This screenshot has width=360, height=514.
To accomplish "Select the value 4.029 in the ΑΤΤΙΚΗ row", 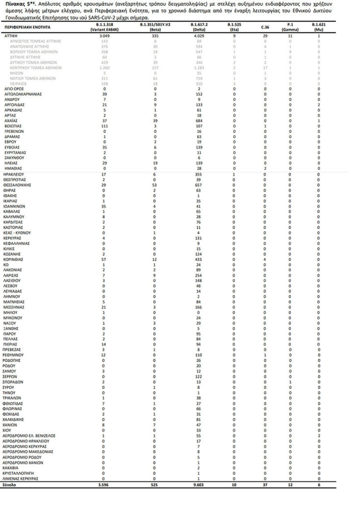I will click(202, 36).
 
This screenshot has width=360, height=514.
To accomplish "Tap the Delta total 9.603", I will click(202, 485).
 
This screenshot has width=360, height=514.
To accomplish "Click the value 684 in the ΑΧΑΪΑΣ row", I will click(202, 121).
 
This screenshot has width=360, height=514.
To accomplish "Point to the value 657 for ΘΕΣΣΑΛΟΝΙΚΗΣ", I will click(202, 186).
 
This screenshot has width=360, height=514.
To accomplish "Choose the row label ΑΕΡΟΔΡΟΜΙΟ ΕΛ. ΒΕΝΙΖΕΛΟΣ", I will click(29, 436).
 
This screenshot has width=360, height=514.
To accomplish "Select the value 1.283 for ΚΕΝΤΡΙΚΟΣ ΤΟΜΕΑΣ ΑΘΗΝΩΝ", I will click(202, 68).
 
